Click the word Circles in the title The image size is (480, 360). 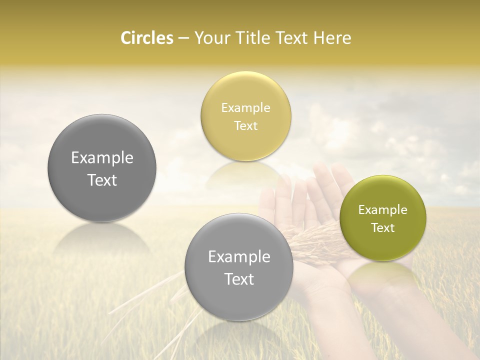click(x=146, y=38)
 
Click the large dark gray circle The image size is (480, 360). click(x=102, y=145)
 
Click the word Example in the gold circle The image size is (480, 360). click(x=246, y=108)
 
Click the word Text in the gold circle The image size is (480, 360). click(x=246, y=125)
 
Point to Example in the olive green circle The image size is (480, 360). click(x=382, y=210)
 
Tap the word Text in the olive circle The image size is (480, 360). click(x=382, y=227)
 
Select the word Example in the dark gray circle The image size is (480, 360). click(x=102, y=158)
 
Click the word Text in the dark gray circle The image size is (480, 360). click(x=102, y=180)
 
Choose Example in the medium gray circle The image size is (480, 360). click(x=239, y=257)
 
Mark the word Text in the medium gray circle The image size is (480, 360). click(x=239, y=279)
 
